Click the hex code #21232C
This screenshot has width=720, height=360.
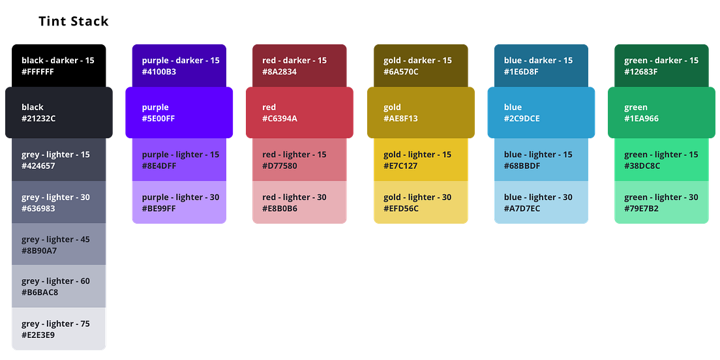click(38, 119)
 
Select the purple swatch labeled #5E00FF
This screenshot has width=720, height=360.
click(179, 112)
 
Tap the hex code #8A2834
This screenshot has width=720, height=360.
click(280, 72)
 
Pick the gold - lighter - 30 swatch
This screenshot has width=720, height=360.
click(421, 203)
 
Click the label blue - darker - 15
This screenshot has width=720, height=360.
click(538, 61)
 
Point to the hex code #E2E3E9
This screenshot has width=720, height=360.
click(38, 335)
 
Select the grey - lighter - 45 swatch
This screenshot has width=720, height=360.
click(59, 244)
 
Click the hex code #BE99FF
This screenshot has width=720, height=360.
click(159, 209)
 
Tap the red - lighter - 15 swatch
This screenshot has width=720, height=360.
click(299, 159)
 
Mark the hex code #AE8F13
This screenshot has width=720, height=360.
click(400, 119)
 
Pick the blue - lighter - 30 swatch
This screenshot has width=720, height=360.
click(541, 203)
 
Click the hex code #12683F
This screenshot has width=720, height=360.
click(641, 72)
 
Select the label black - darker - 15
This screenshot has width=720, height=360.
click(58, 61)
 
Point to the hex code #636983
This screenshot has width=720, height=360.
click(38, 209)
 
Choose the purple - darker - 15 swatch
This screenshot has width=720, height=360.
click(179, 65)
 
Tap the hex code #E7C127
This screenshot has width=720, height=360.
click(400, 166)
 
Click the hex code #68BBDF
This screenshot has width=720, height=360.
click(522, 166)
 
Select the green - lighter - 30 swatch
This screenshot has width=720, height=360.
click(661, 203)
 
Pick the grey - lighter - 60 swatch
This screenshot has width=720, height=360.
click(59, 286)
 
